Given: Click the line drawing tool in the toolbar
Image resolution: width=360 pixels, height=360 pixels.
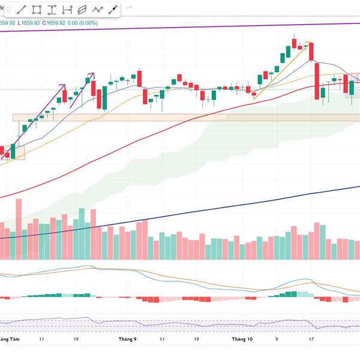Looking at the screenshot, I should (x=22, y=10).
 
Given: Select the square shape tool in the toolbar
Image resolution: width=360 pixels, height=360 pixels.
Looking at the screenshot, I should (x=37, y=10).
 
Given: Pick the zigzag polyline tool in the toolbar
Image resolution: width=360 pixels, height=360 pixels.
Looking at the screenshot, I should (x=97, y=10).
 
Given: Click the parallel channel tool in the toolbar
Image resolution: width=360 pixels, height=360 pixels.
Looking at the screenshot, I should (x=82, y=10).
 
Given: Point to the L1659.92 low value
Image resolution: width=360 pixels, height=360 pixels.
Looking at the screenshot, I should (x=28, y=23).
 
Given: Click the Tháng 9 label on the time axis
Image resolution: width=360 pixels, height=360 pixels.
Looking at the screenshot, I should (x=127, y=340).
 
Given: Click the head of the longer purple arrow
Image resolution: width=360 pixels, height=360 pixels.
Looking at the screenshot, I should (x=65, y=85).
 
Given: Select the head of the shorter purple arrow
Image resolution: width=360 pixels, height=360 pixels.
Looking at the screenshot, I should (x=93, y=74).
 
